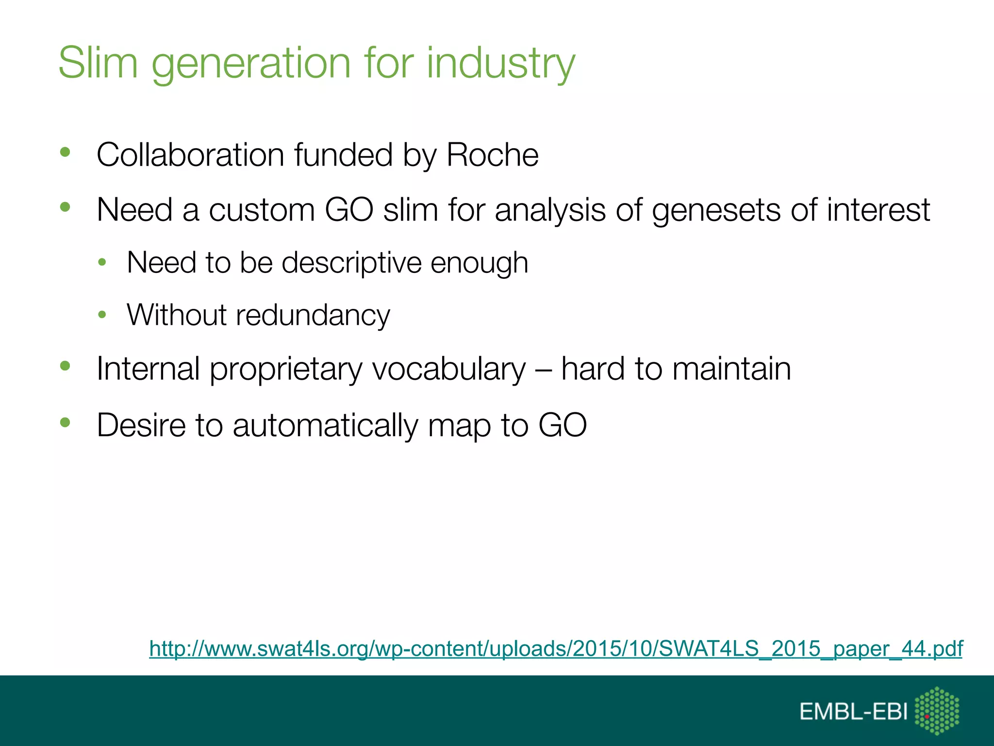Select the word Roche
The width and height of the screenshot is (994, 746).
click(492, 155)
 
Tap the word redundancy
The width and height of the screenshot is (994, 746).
click(313, 315)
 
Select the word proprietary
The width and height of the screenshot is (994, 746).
click(286, 369)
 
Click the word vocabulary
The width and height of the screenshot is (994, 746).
click(449, 369)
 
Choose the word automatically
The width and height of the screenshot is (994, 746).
click(325, 425)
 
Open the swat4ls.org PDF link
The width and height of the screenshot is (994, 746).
click(556, 648)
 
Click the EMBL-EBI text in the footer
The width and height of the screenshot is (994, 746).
click(853, 712)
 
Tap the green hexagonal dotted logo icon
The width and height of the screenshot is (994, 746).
click(937, 711)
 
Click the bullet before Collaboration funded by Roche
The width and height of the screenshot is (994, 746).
click(65, 153)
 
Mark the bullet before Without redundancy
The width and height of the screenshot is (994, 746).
click(102, 315)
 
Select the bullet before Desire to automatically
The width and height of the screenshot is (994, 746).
click(65, 423)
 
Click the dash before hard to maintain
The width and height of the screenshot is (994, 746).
click(543, 369)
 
